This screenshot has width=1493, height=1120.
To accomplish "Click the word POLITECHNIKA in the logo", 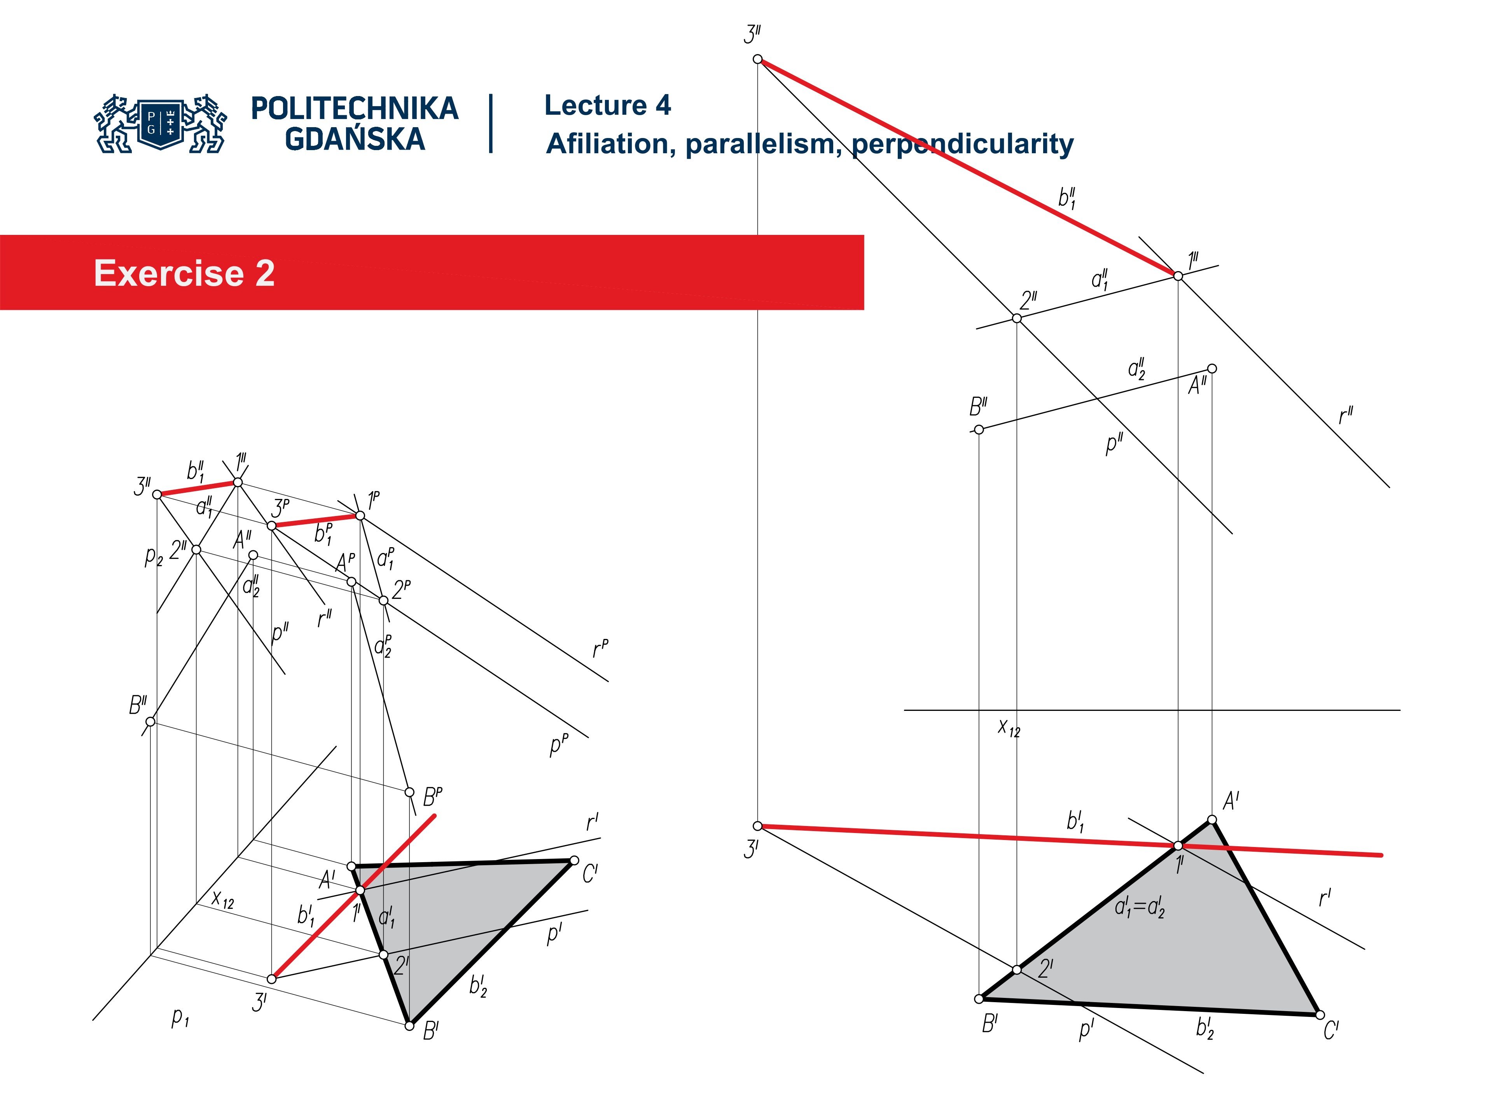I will click(x=354, y=108).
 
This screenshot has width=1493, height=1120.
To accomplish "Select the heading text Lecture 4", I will click(x=607, y=105).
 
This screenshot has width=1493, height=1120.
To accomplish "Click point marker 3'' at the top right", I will click(x=757, y=59).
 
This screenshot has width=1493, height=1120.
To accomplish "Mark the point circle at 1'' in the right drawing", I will click(x=1178, y=275).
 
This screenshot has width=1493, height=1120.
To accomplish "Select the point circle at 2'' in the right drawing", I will click(x=1016, y=318).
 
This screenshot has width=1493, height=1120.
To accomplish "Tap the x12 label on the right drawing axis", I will click(x=1009, y=728).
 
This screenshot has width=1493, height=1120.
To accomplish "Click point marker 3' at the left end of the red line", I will click(x=757, y=826).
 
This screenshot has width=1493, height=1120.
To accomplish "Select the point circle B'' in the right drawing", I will click(x=979, y=429).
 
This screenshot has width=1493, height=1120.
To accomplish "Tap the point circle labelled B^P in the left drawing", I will click(x=409, y=792).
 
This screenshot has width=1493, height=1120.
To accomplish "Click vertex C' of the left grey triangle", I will click(x=574, y=860).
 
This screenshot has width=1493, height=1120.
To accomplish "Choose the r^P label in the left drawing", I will click(x=600, y=649).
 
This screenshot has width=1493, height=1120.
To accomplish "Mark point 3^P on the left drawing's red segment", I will click(x=271, y=525).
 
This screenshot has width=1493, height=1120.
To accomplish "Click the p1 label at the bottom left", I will click(x=180, y=1017).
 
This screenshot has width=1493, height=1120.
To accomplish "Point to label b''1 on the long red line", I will click(x=1066, y=198).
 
